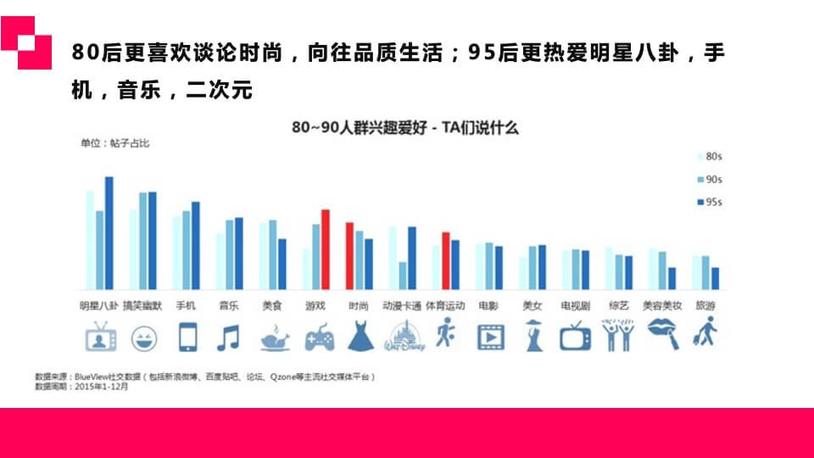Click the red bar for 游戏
point(325,249)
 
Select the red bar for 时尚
point(349,255)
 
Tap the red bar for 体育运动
point(445,260)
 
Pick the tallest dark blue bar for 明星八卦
point(109,232)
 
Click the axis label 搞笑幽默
point(142,305)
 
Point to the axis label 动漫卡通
point(401,305)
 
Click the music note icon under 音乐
point(228,338)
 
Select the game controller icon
point(319,338)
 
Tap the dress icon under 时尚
point(360,336)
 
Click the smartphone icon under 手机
point(187,337)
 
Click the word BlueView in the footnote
point(100,376)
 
